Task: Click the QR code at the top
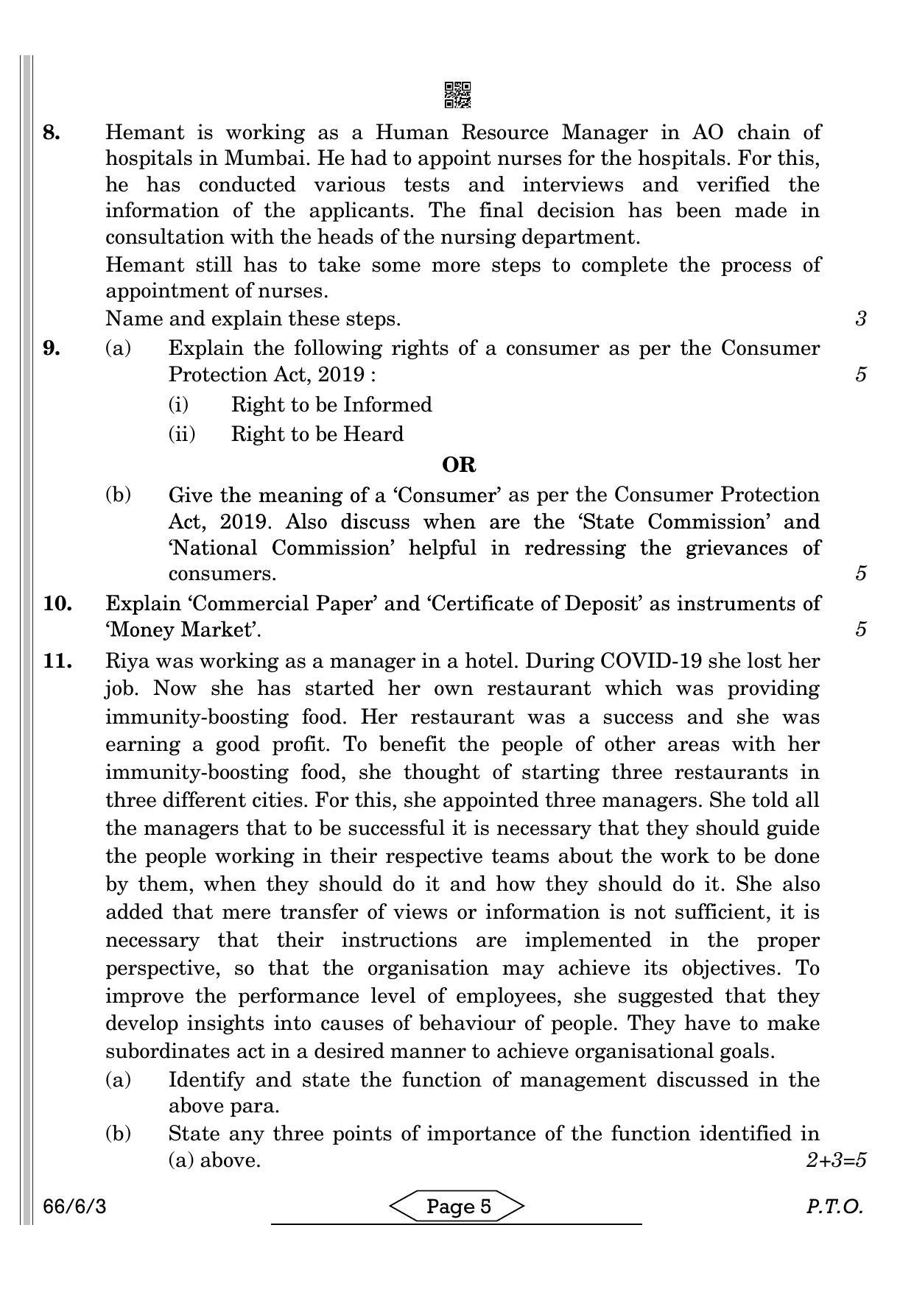click(x=457, y=94)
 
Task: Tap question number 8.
click(x=52, y=133)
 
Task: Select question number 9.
click(x=52, y=347)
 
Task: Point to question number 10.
click(x=57, y=603)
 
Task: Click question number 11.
click(x=57, y=660)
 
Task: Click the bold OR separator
click(x=458, y=465)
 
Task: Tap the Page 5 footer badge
click(x=457, y=1206)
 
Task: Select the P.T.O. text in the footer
click(x=834, y=1207)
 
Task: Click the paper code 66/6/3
click(x=74, y=1207)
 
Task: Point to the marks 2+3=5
click(x=836, y=1160)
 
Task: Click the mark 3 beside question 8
click(x=860, y=319)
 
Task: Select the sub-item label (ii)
click(x=182, y=434)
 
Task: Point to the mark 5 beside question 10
click(x=860, y=629)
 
